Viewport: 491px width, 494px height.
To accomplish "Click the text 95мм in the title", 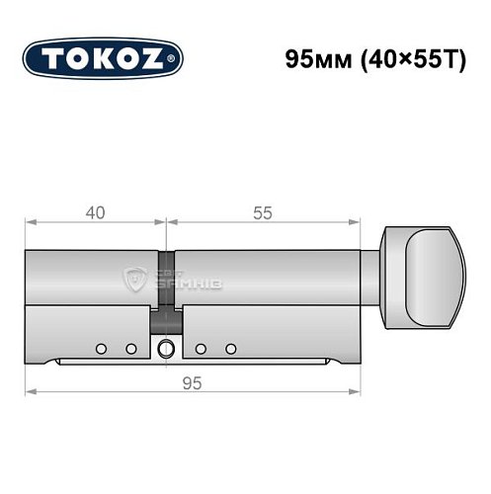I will pos(314,56).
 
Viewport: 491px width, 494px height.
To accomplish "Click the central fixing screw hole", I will pos(165,348).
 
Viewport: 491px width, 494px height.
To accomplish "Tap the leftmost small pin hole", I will pos(101,349).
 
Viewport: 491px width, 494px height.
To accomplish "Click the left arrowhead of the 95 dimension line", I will pos(31,392).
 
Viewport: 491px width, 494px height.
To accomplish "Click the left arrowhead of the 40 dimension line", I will pos(31,222).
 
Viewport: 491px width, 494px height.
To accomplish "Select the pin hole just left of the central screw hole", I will pos(130,349).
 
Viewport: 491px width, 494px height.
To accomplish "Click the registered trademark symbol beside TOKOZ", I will pos(176,60).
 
